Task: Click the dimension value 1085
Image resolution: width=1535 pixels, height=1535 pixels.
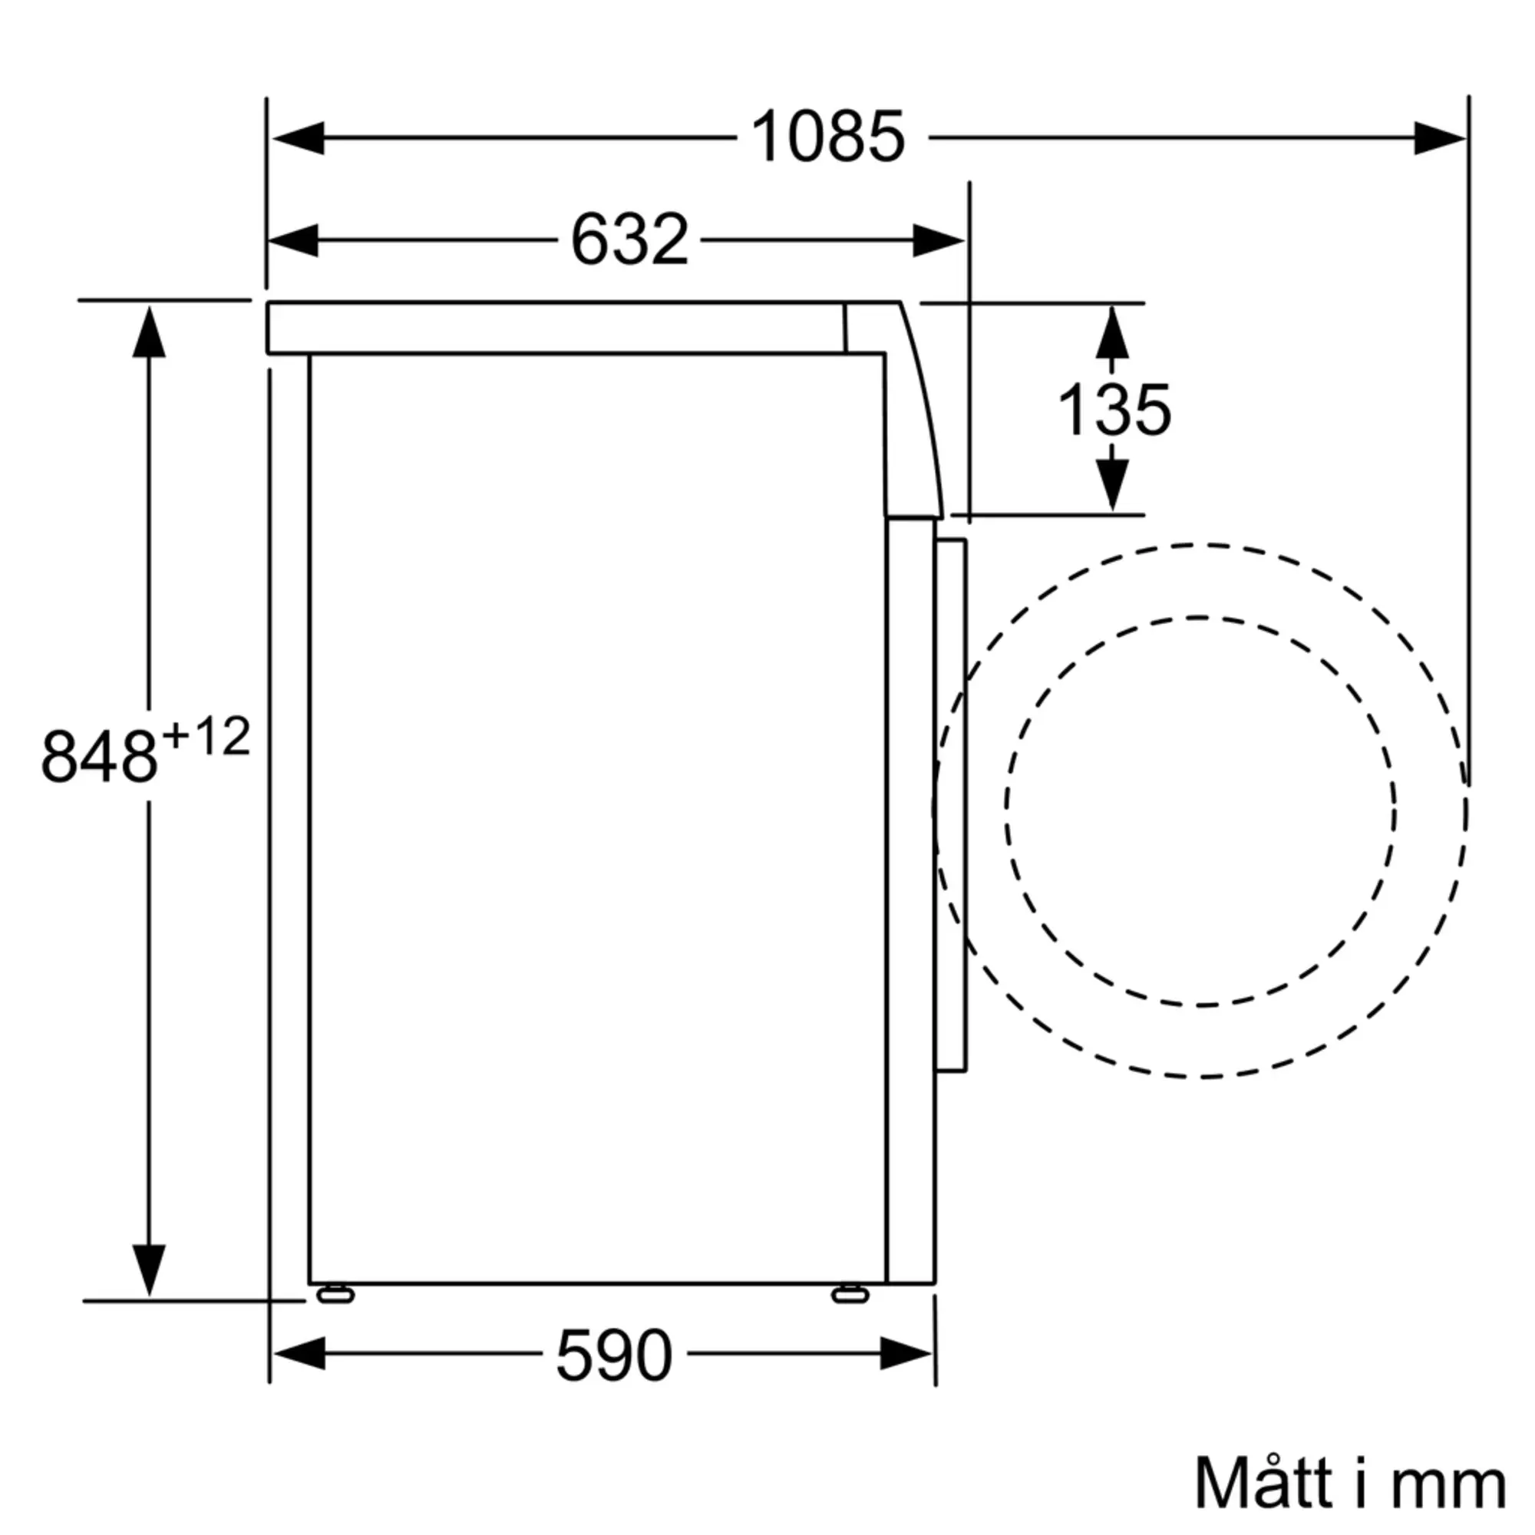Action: [x=827, y=137]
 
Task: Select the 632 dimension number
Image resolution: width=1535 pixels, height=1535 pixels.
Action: [x=629, y=239]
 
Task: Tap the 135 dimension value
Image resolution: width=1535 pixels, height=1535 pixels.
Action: [x=1114, y=409]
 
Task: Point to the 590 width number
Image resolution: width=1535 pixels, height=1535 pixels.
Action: [x=614, y=1355]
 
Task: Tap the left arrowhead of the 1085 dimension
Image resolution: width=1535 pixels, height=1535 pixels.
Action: [x=297, y=138]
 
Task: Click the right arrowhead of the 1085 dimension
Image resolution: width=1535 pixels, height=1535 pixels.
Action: [x=1441, y=138]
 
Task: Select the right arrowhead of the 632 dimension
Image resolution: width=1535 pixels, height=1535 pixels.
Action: [x=939, y=240]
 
